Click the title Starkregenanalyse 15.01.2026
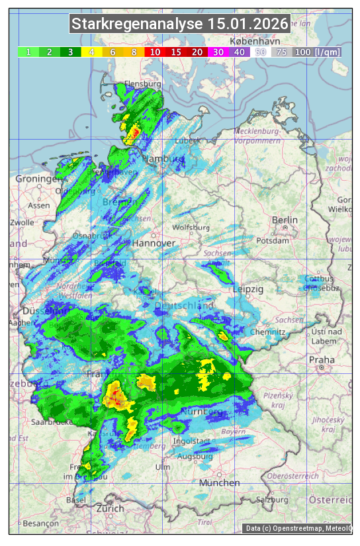coord(180,24)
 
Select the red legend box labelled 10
coord(155,52)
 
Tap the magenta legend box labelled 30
coord(218,52)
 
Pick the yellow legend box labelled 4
coord(92,52)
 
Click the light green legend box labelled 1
coord(28,52)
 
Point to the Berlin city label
coord(285,220)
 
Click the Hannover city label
coord(154,244)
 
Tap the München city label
coord(219,483)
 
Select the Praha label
coord(322,360)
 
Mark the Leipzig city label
coord(248,290)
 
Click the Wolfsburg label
coord(191,228)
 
